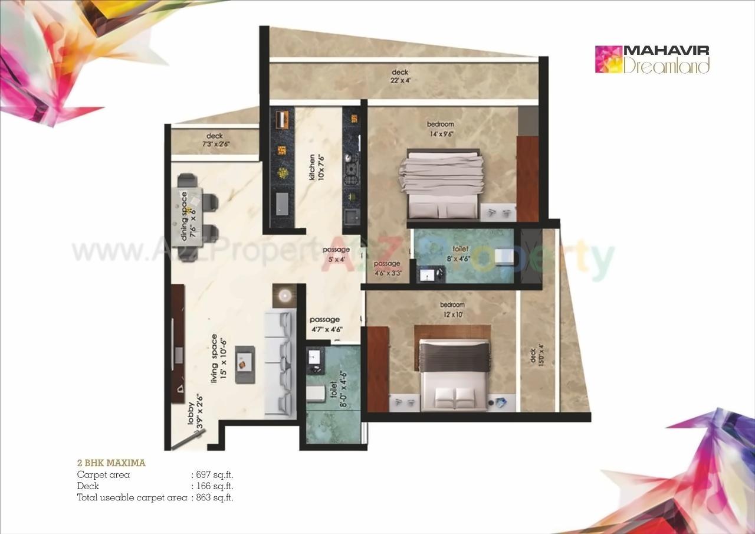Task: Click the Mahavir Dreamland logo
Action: click(652, 59)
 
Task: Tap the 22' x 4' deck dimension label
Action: click(400, 77)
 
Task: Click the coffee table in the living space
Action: click(245, 365)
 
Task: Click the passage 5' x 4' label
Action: click(336, 253)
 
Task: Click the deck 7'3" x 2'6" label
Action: click(214, 140)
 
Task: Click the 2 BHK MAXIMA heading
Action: click(111, 463)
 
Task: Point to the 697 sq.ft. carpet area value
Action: click(214, 474)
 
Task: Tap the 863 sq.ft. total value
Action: click(214, 497)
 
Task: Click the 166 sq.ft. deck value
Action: click(214, 486)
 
